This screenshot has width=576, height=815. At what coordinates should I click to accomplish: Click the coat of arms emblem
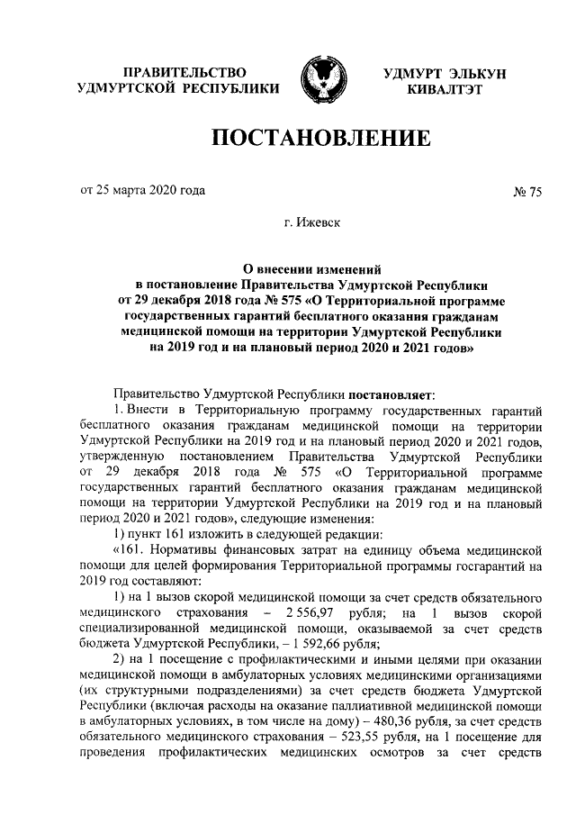point(318,78)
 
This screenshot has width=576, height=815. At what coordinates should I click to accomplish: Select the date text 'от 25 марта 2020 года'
point(142,190)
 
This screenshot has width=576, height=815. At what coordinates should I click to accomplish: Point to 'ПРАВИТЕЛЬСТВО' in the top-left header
point(184,71)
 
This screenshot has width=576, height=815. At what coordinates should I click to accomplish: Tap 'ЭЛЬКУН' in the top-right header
point(473,71)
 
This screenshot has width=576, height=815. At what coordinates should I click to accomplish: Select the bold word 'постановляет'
point(396,394)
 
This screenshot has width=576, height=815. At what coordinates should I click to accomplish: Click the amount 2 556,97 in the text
point(303,612)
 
